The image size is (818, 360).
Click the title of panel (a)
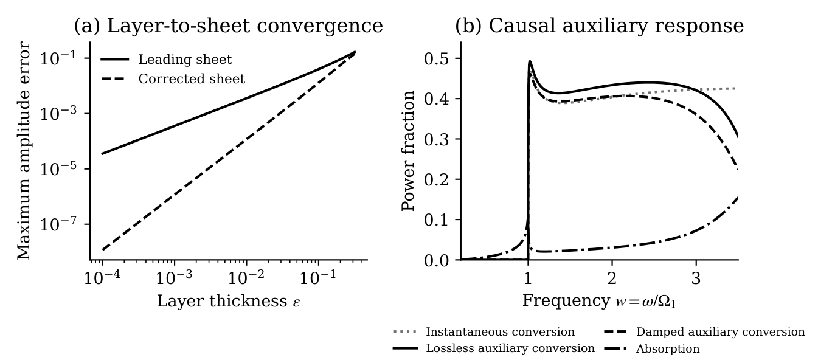(x=229, y=26)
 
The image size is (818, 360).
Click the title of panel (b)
(x=599, y=26)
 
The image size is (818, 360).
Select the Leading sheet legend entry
(x=166, y=59)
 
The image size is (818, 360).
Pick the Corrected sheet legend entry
(x=173, y=79)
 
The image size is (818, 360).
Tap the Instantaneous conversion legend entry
(x=484, y=331)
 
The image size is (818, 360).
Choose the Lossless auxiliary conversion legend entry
(x=494, y=348)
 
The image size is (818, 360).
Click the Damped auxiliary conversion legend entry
(x=704, y=331)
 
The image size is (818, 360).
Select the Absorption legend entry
(x=652, y=348)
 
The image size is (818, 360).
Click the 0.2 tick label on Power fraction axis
(x=436, y=179)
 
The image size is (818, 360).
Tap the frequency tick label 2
(x=612, y=279)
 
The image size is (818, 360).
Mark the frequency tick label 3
(x=696, y=279)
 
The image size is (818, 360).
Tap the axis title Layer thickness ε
(x=229, y=301)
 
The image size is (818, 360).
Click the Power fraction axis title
(x=408, y=151)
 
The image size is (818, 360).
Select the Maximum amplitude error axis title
(x=24, y=151)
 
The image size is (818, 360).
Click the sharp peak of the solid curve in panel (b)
(x=530, y=61)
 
